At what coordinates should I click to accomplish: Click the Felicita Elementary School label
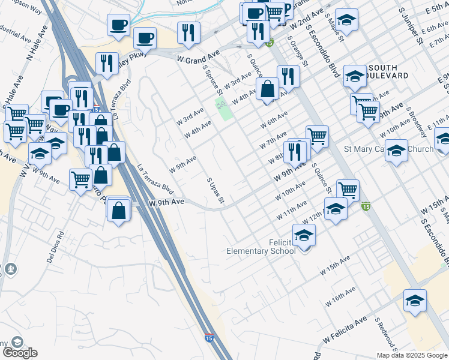261,247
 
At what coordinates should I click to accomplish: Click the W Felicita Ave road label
345,331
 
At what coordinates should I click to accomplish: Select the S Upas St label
215,190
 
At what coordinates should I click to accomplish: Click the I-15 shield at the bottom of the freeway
209,338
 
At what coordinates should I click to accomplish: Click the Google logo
19,353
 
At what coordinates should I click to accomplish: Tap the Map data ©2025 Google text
412,355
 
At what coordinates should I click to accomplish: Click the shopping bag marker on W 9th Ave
119,210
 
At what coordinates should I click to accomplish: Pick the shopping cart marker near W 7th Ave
317,136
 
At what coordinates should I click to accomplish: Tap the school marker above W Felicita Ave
415,301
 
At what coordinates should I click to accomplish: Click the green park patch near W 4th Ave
224,110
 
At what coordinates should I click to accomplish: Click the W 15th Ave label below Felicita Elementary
334,265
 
